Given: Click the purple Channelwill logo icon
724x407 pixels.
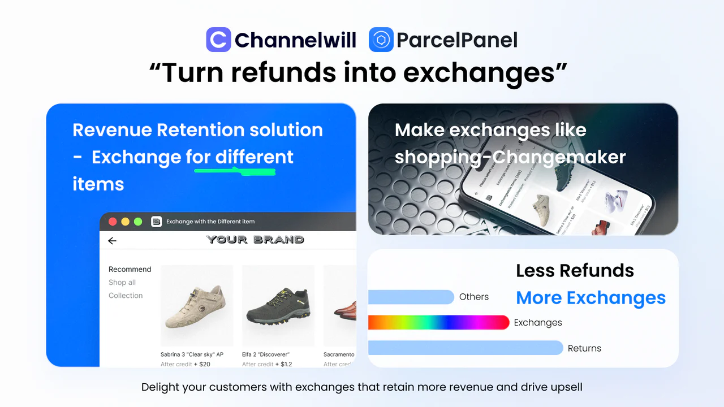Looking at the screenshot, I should pos(218,40).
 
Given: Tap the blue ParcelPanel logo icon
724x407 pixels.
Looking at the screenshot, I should pos(381,40).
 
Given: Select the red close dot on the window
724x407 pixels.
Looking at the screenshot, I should pos(113,222).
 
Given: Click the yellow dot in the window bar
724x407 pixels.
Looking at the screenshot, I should pos(125,222).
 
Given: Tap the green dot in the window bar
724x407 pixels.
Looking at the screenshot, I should pos(138,222).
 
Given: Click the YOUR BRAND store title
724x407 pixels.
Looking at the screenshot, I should pos(255,240).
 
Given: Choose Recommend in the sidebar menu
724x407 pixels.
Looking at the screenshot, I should pos(130,269).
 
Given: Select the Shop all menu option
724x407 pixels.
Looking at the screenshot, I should pos(122,283).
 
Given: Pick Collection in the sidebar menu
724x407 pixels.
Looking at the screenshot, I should pos(126,296).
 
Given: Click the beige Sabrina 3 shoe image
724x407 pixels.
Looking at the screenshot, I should pos(197,305).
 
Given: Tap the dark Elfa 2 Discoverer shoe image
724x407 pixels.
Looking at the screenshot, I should pos(278,305).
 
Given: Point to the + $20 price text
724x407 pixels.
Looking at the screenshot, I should pos(202,364).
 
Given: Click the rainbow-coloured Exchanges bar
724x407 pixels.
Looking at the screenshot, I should pos(438,322).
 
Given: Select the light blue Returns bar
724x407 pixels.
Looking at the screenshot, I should pos(465,348).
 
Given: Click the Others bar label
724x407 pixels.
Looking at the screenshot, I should pos(474,297).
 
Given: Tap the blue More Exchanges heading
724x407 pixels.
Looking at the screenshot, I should pos(591,298).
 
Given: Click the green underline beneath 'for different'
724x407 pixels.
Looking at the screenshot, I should pos(235,170).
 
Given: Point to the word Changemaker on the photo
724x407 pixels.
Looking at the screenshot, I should pos(559,157).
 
